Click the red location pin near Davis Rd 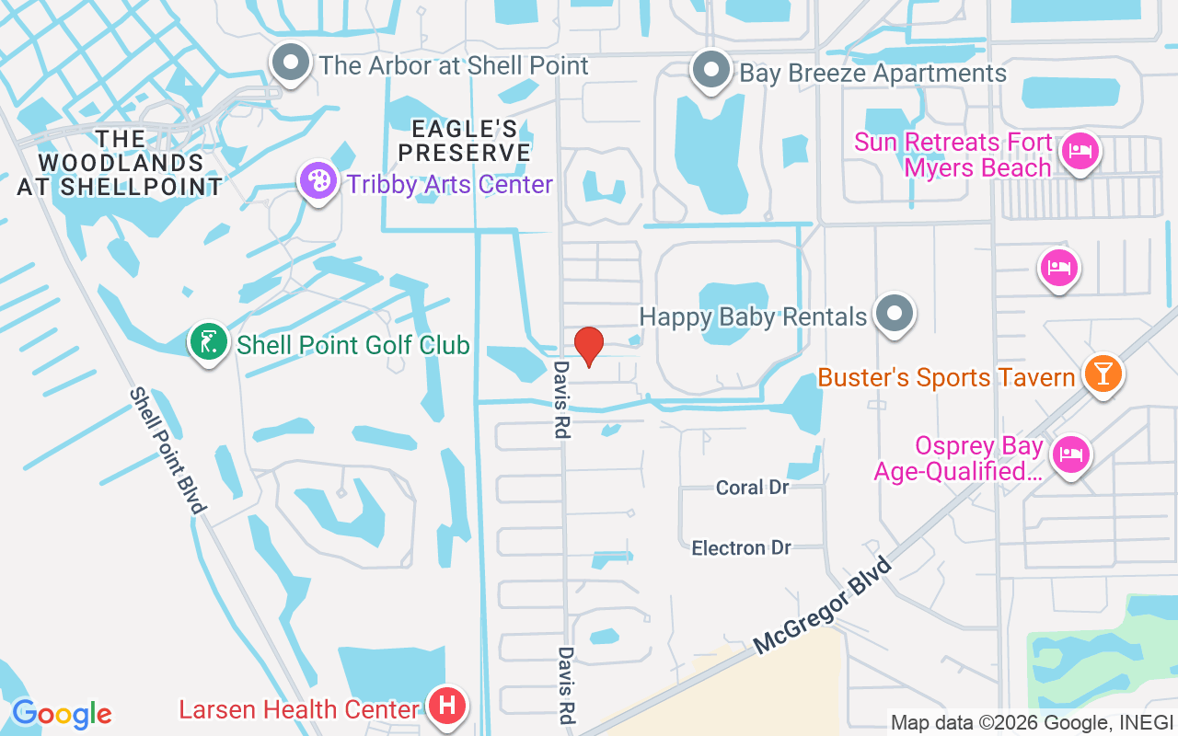click(588, 346)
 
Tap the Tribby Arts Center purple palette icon click(318, 181)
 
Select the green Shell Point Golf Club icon click(209, 342)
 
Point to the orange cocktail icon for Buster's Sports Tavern click(1102, 374)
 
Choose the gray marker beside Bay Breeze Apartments click(710, 70)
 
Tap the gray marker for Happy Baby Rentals click(893, 315)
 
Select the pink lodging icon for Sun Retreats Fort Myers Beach click(1080, 150)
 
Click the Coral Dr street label click(753, 488)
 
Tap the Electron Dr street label click(742, 548)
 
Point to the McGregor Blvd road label click(823, 607)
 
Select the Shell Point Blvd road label click(167, 451)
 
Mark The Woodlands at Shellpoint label click(121, 163)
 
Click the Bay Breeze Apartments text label click(873, 73)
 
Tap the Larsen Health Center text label click(299, 710)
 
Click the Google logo click(61, 714)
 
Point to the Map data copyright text click(1032, 722)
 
